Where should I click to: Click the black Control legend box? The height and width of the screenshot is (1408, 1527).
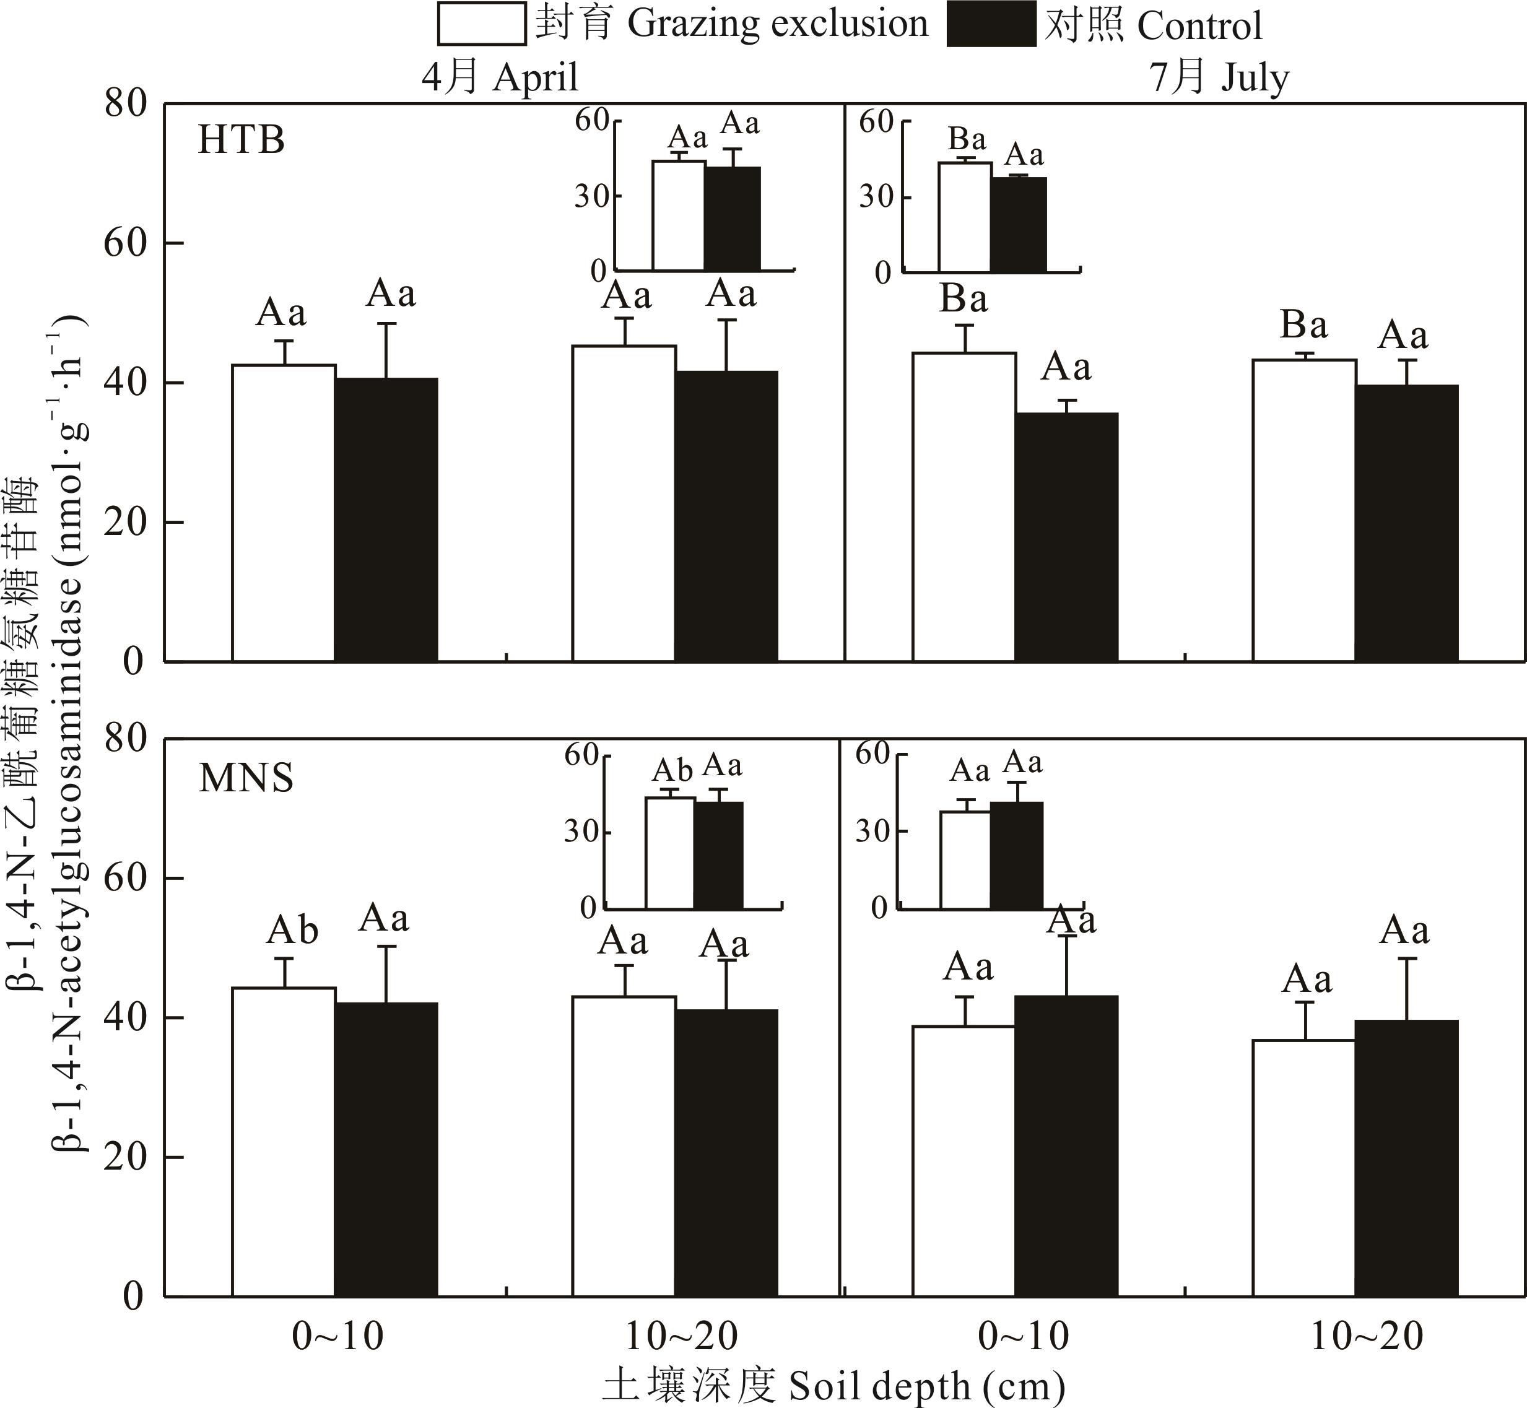(x=991, y=24)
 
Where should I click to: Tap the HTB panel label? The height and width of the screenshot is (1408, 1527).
(x=241, y=140)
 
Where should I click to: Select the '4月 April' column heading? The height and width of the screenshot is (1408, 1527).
(x=500, y=77)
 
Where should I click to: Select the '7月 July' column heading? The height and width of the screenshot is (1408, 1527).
(x=1219, y=77)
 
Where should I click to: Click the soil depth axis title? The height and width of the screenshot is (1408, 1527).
(x=833, y=1385)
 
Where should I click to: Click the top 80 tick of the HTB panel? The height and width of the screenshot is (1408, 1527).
(x=125, y=103)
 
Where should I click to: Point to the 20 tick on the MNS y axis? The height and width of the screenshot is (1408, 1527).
(x=125, y=1157)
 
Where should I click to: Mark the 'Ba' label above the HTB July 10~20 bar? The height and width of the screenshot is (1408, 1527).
(x=1303, y=325)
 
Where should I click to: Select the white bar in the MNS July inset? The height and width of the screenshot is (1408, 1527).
(x=965, y=860)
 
